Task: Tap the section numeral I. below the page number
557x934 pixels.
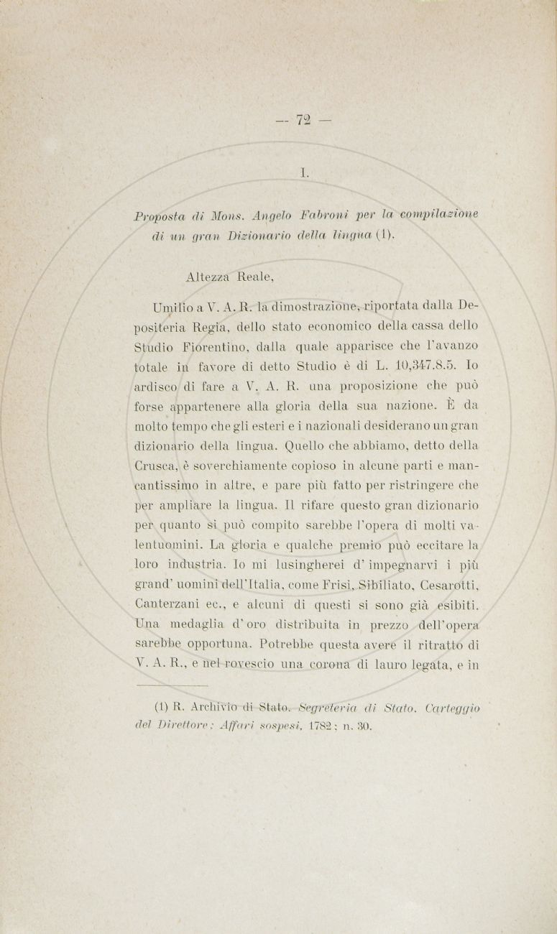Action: click(x=305, y=172)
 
